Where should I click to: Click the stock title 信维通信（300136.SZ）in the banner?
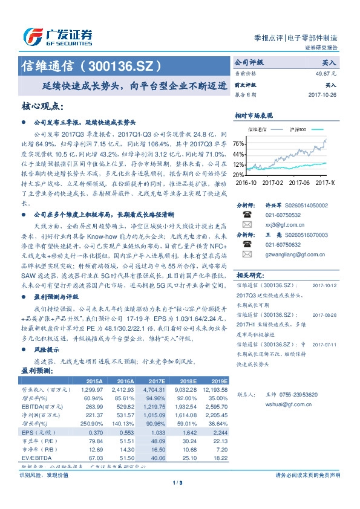coord(91,65)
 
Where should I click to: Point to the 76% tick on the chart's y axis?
coord(238,143)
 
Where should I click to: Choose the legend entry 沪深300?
coord(298,129)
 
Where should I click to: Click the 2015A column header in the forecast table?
coord(94,382)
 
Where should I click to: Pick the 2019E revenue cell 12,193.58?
coord(211,391)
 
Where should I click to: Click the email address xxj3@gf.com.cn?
coord(283,224)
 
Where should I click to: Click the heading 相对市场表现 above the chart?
coord(254,115)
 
